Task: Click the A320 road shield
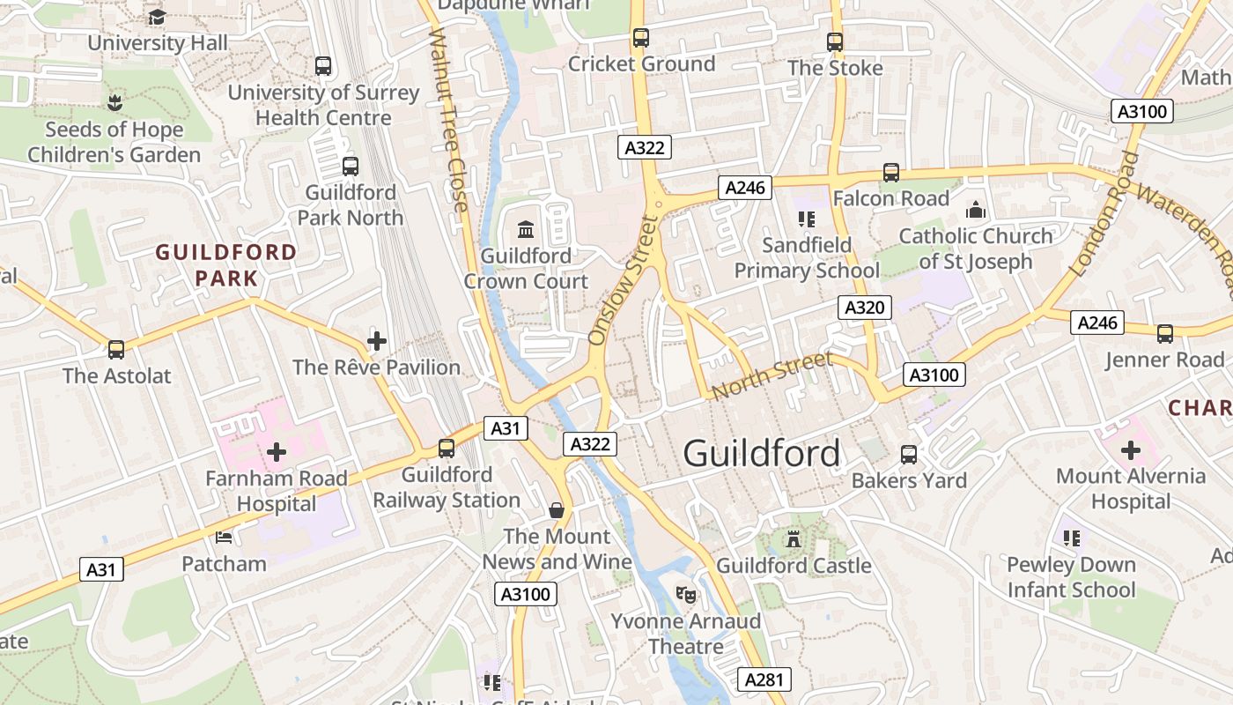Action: click(x=864, y=308)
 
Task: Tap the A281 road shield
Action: click(x=764, y=679)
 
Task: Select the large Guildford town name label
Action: click(x=761, y=454)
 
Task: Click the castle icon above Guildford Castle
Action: click(x=794, y=538)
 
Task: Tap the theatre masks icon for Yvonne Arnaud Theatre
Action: click(x=685, y=594)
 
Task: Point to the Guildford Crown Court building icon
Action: click(x=526, y=230)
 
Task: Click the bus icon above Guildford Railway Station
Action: click(x=447, y=448)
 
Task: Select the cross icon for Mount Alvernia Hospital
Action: click(x=1131, y=450)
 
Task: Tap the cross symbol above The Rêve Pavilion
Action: click(x=377, y=341)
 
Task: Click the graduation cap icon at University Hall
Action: click(x=157, y=17)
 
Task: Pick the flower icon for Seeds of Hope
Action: click(x=114, y=102)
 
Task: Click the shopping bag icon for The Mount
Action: click(x=557, y=509)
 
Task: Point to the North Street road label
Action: click(x=772, y=375)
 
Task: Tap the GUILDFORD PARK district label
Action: click(x=226, y=265)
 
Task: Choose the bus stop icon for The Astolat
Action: click(x=116, y=349)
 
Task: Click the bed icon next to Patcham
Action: click(x=224, y=537)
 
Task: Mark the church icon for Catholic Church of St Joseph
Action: click(x=975, y=210)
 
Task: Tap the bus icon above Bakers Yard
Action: click(x=909, y=455)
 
